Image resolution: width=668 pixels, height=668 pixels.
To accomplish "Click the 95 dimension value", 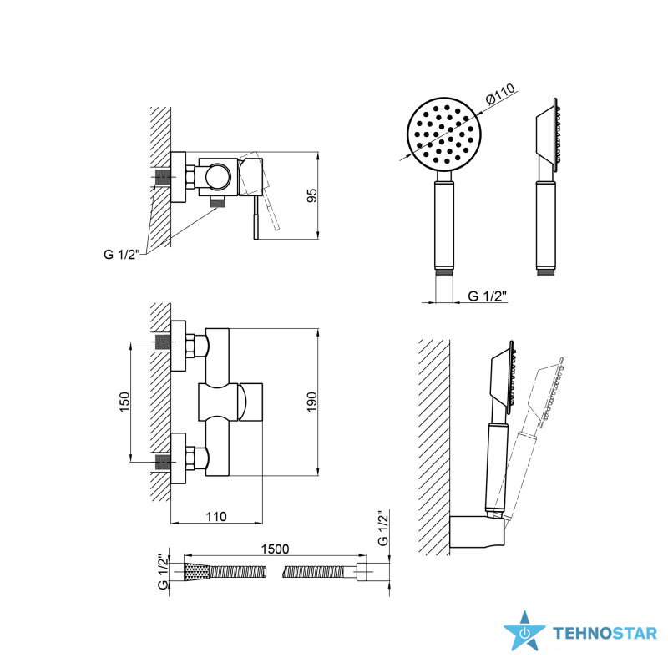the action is click(312, 195).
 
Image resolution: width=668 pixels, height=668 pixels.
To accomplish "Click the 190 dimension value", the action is click(312, 402).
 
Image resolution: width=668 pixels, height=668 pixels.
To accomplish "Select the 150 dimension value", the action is click(124, 402).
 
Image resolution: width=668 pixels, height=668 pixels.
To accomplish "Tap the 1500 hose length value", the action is click(275, 549).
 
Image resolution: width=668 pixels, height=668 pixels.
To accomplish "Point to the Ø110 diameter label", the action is click(500, 94).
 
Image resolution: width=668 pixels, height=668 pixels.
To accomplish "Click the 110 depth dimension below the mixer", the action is click(216, 516).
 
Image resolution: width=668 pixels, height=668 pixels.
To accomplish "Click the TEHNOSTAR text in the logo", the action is click(605, 634).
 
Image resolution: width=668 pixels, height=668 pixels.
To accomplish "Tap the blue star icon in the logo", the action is click(524, 631).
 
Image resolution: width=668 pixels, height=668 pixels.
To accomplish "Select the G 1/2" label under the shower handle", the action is click(488, 296).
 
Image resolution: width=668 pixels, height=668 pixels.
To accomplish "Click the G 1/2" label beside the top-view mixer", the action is click(122, 254).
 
